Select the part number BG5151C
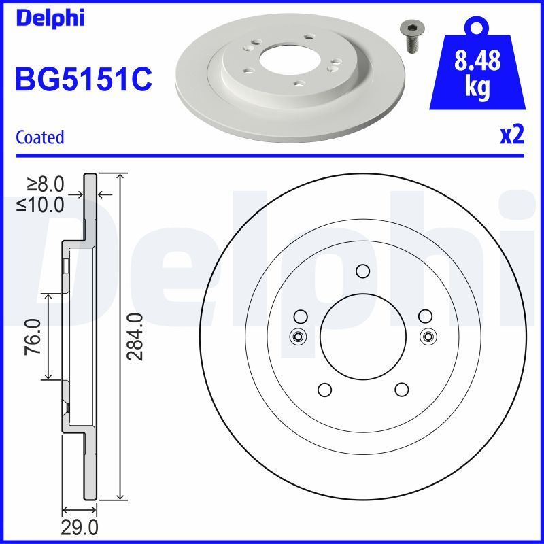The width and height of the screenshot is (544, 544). click(x=83, y=80)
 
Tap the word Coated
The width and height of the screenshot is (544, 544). click(x=39, y=137)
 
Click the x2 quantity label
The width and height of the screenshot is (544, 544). click(x=511, y=137)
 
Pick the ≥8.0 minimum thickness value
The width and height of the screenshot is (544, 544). click(x=45, y=184)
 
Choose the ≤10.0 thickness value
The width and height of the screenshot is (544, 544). click(x=41, y=203)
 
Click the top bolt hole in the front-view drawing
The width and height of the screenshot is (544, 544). click(x=362, y=271)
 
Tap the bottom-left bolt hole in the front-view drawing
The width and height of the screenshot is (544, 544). click(x=324, y=390)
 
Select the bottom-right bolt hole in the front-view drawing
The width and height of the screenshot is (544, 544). click(x=401, y=390)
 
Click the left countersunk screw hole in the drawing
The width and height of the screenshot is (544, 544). click(x=297, y=336)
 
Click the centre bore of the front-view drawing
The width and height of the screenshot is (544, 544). click(x=362, y=336)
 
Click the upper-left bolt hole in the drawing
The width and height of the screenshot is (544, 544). click(x=300, y=316)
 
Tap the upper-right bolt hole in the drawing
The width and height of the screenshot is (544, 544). click(x=425, y=316)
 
